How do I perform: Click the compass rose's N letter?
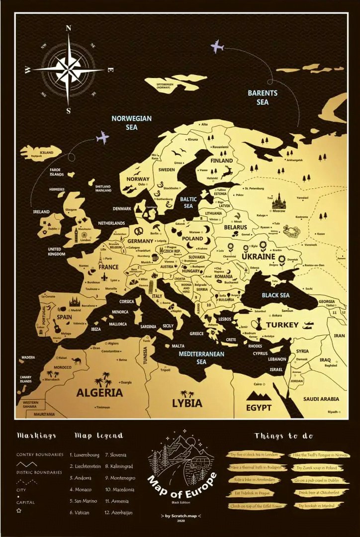69,28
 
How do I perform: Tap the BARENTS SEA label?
263,97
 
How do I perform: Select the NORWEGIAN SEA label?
131,123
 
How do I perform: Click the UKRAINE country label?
258,257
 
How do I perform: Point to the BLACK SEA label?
275,295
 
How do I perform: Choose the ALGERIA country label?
99,392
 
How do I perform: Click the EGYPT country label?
259,408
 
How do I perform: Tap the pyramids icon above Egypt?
259,395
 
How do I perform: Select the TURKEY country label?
282,325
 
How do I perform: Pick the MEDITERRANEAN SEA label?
201,358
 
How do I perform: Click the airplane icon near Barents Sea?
217,47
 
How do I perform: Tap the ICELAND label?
46,153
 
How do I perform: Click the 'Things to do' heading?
283,436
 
